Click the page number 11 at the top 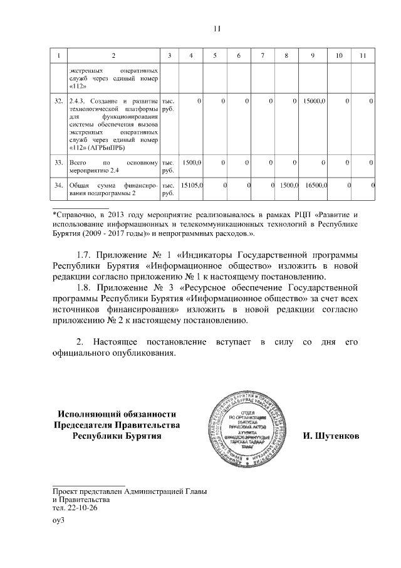pyautogui.click(x=217, y=28)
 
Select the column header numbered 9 pyautogui.click(x=312, y=56)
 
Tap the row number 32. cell pyautogui.click(x=60, y=101)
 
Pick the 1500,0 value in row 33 pyautogui.click(x=190, y=163)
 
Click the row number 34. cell pyautogui.click(x=60, y=186)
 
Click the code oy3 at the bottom pyautogui.click(x=59, y=520)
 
